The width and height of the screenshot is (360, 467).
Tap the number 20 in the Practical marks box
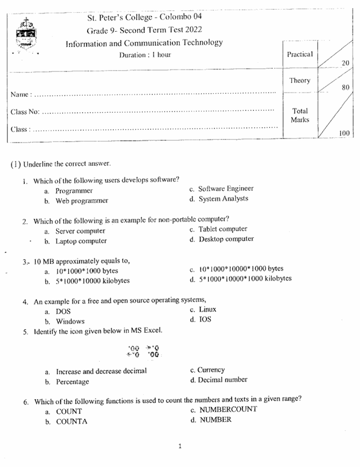[345, 63]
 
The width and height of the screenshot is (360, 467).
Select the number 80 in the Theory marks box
[345, 88]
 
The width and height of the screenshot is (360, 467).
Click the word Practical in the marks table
[300, 54]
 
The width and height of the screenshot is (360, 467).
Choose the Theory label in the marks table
[300, 80]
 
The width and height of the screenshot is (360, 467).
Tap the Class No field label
[25, 112]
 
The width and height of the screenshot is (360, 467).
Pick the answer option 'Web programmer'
[82, 201]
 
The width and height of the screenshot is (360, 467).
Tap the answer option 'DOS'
[63, 312]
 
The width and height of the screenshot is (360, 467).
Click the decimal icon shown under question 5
[143, 351]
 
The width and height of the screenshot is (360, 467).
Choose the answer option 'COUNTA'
[72, 422]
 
